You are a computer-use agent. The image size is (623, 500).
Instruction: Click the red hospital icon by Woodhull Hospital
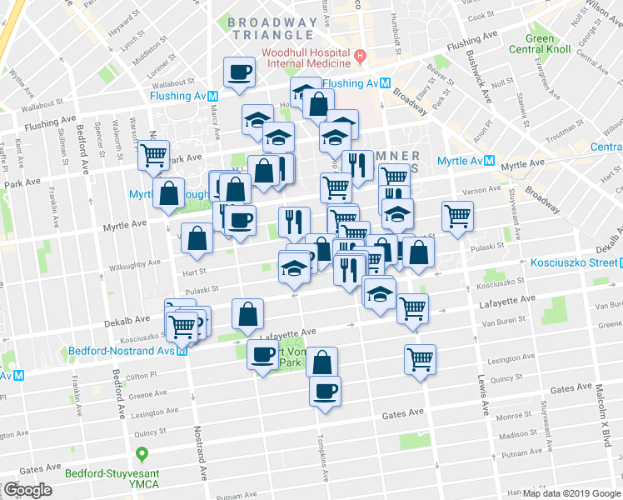coord(361,57)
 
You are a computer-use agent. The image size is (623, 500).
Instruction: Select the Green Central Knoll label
coord(541,43)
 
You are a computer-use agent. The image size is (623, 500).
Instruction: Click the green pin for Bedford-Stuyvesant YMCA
coord(142,454)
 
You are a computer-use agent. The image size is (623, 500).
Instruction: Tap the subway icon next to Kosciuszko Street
coord(616,262)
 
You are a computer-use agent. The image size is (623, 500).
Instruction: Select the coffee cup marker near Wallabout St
coord(240,72)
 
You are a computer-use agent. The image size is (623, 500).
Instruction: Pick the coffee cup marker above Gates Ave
coord(325,389)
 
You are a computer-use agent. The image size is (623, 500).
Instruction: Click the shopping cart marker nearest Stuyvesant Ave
coord(457,216)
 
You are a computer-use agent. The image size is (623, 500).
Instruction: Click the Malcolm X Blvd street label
coord(598,406)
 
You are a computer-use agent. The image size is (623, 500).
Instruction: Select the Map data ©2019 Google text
coord(571,493)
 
